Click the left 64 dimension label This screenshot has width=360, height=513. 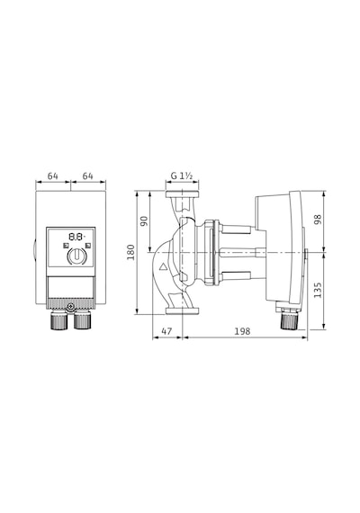pos(53,176)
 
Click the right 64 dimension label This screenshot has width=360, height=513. pos(87,176)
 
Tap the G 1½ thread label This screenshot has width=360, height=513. pos(182,175)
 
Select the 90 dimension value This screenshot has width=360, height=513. pos(144,220)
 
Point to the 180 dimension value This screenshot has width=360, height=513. pos(130,252)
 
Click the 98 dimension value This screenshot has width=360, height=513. pos(318,220)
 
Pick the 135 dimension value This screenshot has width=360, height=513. pos(318,290)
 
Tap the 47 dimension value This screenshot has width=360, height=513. pos(166,331)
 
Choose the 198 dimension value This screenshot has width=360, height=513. pos(242,331)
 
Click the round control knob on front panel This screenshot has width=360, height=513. pos(76,256)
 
